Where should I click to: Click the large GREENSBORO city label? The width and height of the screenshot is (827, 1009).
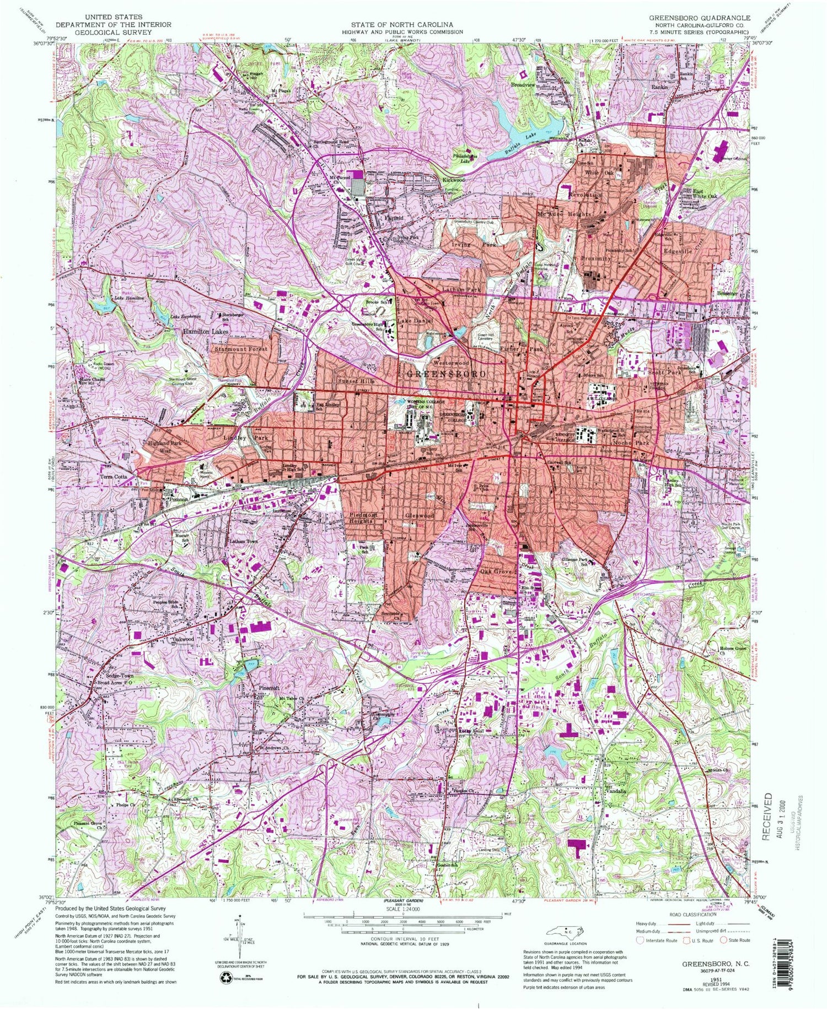pyautogui.click(x=447, y=374)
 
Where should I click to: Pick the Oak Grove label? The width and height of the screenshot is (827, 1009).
pyautogui.click(x=497, y=571)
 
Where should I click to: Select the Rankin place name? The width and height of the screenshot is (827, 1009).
pyautogui.click(x=660, y=87)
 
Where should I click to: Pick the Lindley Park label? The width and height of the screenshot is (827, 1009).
pyautogui.click(x=246, y=438)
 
